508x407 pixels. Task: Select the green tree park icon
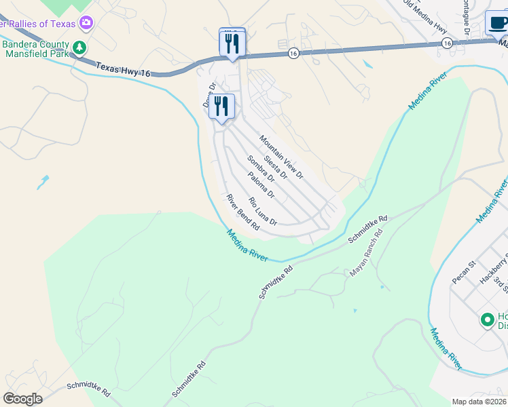click(x=80, y=47)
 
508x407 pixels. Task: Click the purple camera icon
click(x=86, y=24)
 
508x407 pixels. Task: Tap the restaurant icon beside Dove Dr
click(x=221, y=106)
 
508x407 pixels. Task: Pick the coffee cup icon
click(x=498, y=23)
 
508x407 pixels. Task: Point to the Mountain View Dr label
click(x=280, y=157)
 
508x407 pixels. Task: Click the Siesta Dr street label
click(x=275, y=167)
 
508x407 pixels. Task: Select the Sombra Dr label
click(x=260, y=170)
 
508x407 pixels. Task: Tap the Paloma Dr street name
click(x=261, y=185)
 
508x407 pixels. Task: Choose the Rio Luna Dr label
click(x=263, y=211)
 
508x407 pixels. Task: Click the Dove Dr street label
click(x=208, y=96)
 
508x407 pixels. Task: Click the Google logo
click(x=22, y=399)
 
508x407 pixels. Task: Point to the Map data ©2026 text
click(x=478, y=401)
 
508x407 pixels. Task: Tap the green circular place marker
click(x=487, y=319)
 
